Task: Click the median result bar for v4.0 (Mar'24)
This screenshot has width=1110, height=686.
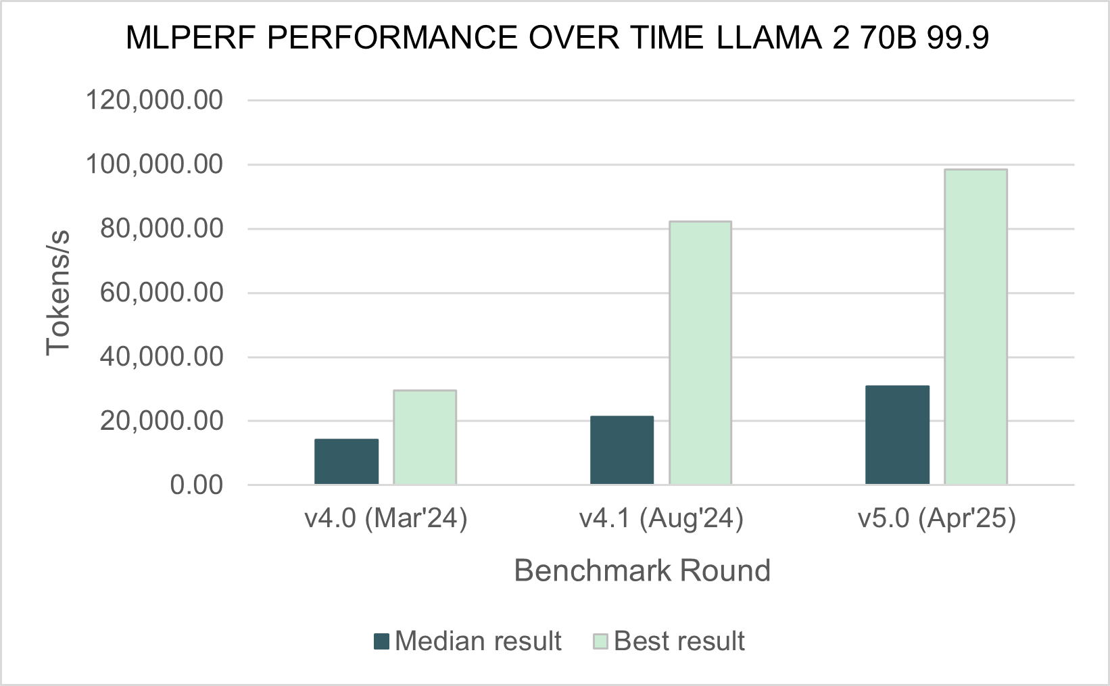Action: pos(346,462)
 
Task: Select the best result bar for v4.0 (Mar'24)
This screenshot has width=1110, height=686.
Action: pos(425,437)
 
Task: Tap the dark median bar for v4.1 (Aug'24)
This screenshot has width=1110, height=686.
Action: pos(622,450)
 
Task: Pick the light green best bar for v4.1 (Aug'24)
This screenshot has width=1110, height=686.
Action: pos(700,353)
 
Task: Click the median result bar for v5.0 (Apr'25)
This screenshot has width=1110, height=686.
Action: pos(897,435)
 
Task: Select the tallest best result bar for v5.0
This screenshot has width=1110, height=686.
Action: pos(975,327)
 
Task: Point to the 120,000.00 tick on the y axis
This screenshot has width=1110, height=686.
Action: pos(154,100)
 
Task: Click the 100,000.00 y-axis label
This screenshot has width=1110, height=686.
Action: pos(154,164)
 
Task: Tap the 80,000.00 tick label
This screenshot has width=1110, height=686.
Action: pos(161,228)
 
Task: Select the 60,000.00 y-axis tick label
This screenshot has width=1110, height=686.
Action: pos(161,293)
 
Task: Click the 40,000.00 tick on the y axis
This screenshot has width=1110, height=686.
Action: pos(161,356)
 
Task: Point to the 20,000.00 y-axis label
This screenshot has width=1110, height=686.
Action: pos(161,420)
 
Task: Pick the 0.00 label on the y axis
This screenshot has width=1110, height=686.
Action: pos(196,485)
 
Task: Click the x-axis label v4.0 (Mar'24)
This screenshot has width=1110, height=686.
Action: pos(385,518)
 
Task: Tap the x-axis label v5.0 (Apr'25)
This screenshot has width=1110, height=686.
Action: pos(936,518)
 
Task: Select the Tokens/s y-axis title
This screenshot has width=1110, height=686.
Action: pos(58,293)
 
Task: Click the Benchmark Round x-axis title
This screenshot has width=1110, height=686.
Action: pos(642,570)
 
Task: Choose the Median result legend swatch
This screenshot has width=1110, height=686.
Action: pos(382,641)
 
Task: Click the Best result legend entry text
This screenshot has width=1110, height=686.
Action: pos(679,641)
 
